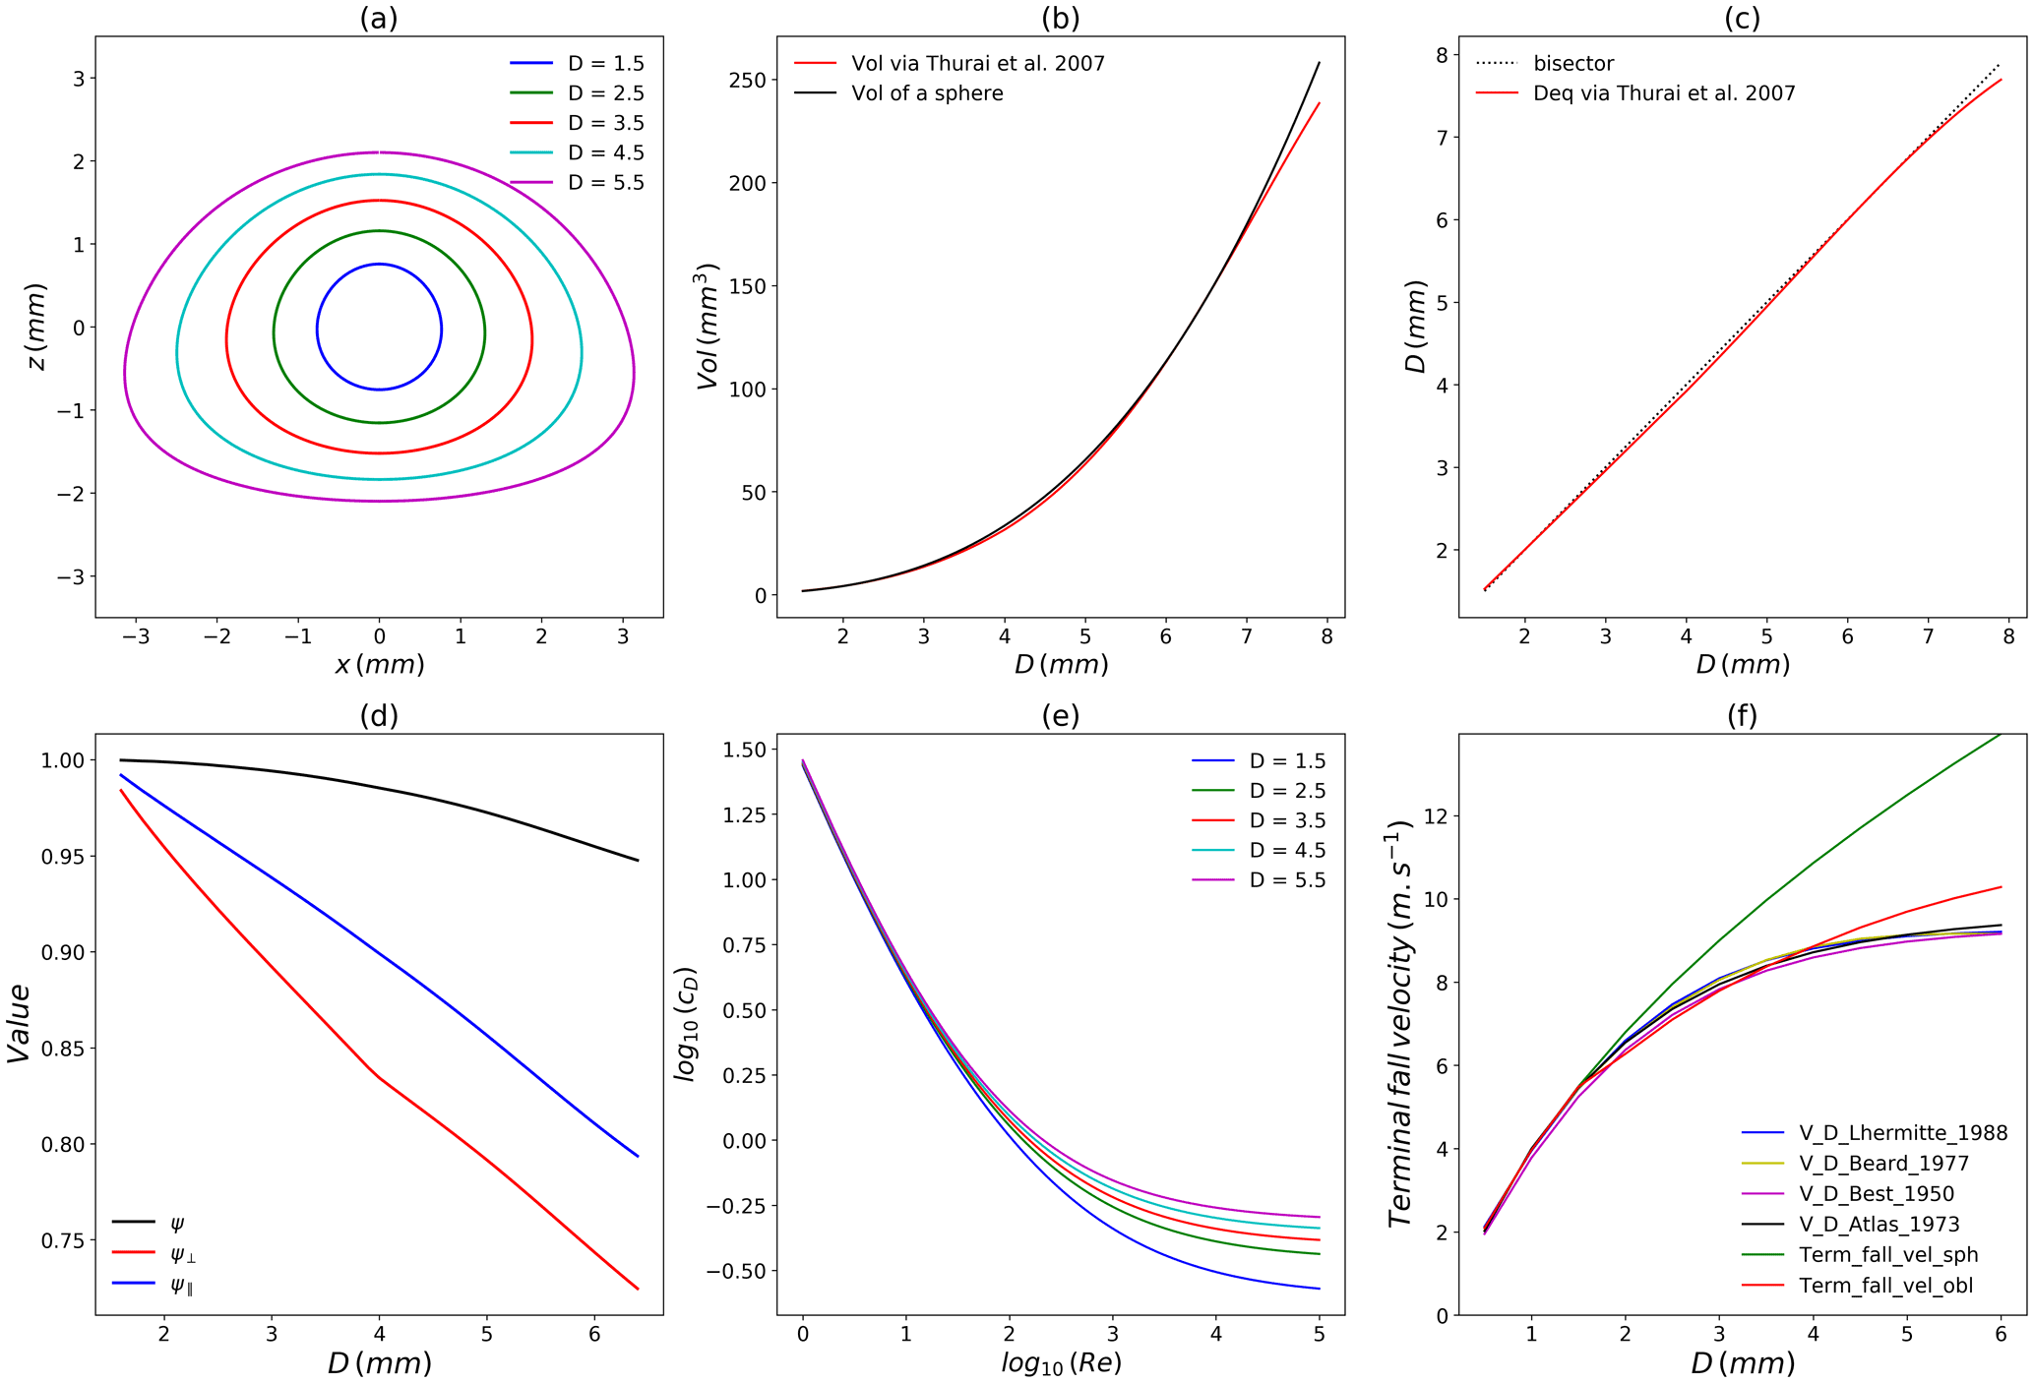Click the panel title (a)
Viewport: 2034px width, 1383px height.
[379, 18]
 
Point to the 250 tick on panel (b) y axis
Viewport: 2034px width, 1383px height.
[748, 80]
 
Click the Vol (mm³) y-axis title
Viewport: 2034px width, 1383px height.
[709, 327]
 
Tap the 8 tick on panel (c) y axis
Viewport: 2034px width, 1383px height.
[1441, 55]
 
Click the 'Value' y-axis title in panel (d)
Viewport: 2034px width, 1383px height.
[20, 1023]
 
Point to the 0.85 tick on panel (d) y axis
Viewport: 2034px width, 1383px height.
[62, 1049]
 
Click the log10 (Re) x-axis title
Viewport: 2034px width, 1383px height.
[1061, 1363]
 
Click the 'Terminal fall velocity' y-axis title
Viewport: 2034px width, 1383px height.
[1400, 1023]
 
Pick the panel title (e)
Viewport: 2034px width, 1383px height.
[1060, 716]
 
